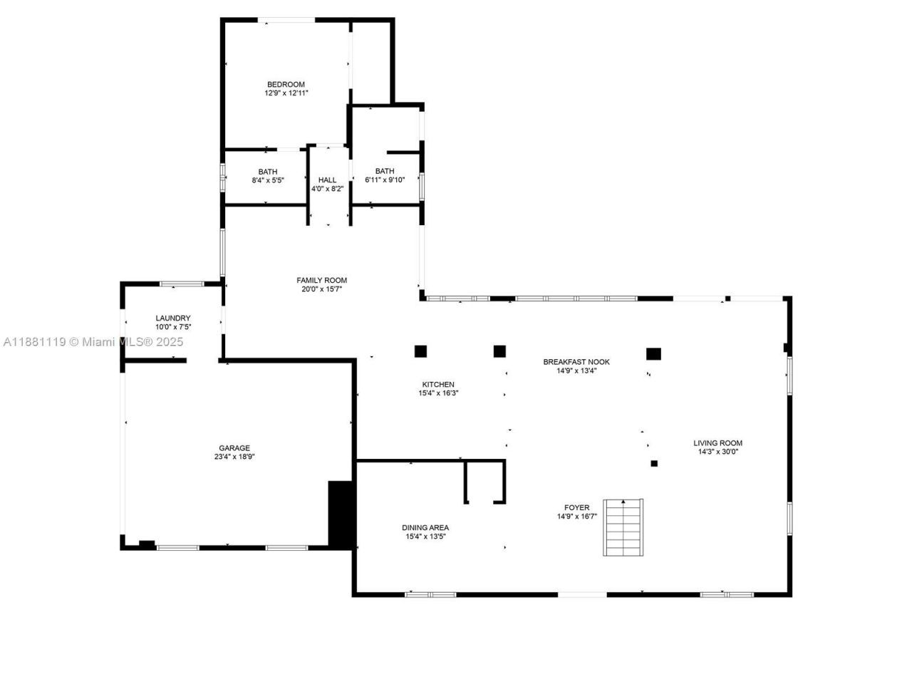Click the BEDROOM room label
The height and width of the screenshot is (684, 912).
286,84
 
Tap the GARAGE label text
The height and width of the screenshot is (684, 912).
234,448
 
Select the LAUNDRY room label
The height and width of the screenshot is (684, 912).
173,318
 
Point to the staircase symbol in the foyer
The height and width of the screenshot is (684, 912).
623,528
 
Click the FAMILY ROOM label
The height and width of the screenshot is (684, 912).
321,280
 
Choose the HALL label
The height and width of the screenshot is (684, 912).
327,180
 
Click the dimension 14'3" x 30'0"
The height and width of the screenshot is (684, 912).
717,452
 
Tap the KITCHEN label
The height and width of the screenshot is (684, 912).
437,384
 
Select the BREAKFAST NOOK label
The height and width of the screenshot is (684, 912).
576,361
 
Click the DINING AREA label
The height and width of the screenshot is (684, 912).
425,528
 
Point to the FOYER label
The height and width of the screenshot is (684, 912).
576,508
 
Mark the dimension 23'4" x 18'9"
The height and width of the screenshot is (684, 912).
234,457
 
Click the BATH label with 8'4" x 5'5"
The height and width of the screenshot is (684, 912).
268,172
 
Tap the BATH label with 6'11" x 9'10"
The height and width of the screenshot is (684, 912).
385,171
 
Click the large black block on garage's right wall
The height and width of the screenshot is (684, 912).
341,514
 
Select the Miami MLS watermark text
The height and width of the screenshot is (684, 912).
93,342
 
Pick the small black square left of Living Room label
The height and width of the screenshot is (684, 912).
654,464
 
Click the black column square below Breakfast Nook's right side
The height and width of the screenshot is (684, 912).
653,353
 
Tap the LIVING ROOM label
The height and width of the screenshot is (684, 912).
717,442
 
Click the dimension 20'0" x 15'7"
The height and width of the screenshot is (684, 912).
321,289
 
